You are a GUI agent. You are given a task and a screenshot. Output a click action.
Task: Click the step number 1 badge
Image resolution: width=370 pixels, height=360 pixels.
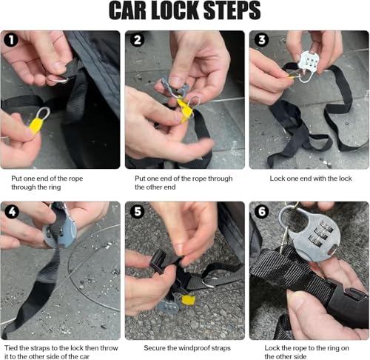(11, 40)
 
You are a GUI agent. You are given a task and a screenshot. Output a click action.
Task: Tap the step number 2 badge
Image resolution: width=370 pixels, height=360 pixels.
(138, 40)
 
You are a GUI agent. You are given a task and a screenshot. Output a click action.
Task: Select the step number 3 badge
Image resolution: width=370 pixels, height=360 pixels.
(262, 40)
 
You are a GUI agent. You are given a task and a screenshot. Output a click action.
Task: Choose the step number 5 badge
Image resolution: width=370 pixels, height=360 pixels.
(138, 212)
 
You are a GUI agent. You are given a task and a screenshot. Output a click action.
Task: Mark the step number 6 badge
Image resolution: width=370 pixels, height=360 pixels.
(262, 212)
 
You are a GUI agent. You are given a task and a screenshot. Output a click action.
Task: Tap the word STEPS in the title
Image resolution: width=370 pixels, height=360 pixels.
(232, 10)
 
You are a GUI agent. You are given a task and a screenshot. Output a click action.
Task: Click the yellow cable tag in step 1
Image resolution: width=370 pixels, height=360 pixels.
(36, 126)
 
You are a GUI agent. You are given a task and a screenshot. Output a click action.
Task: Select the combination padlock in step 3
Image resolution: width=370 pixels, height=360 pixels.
(309, 65)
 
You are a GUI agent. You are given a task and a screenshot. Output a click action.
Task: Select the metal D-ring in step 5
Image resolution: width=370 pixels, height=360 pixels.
(209, 282)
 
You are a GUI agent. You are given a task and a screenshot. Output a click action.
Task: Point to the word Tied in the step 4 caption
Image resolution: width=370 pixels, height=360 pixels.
(10, 348)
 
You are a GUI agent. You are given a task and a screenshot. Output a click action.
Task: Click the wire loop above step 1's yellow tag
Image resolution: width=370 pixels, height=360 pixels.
(44, 113)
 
